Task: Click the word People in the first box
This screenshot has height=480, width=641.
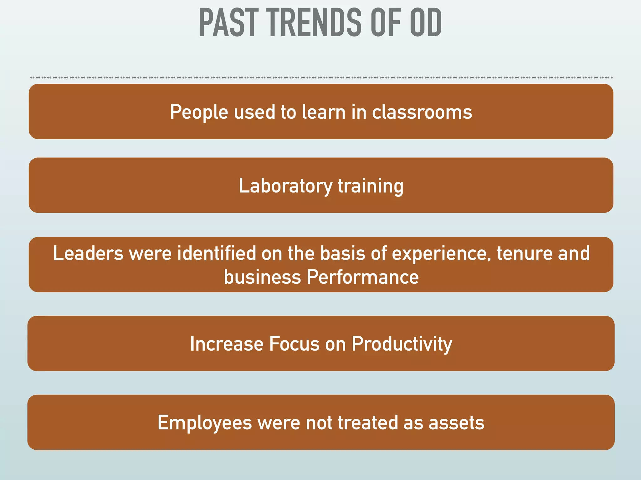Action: point(199,112)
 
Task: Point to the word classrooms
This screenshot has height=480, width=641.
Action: point(422,112)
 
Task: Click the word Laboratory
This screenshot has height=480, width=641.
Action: point(285,186)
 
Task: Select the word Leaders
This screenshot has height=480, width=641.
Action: point(88,253)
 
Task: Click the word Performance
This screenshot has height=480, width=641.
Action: point(362,277)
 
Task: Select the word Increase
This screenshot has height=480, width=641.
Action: point(227,344)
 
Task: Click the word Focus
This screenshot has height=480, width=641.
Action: point(294,344)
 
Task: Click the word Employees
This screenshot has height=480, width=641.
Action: point(205,423)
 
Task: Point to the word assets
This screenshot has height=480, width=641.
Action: point(456,423)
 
